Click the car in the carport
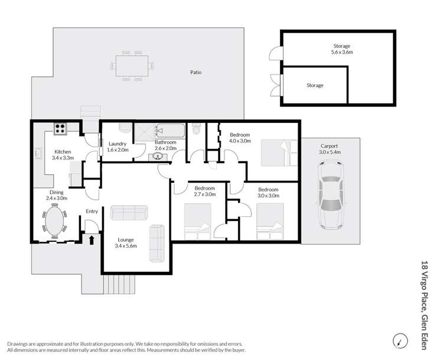coord(330,196)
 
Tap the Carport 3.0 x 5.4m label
coord(330,149)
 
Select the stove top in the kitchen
coord(60,127)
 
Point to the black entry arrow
coord(92,239)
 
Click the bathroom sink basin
coord(158,156)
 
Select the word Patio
coord(196,73)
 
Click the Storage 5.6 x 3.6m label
coord(341,49)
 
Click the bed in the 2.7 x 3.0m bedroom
coord(197,222)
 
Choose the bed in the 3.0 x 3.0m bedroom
coord(269,222)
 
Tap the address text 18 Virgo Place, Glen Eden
coord(424,304)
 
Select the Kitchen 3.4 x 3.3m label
coord(63,155)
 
